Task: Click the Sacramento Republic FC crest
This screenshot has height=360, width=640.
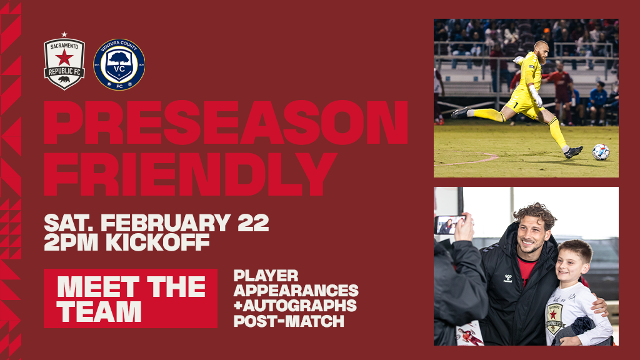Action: coord(64,63)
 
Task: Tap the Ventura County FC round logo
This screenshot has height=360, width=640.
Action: coord(119,64)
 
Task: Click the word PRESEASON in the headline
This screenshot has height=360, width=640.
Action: coord(226,122)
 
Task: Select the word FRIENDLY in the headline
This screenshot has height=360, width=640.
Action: coord(190,174)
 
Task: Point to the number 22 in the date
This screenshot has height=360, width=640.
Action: coord(253,223)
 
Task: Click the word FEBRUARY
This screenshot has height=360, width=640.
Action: coord(166,223)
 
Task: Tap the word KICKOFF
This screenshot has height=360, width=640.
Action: coord(157,242)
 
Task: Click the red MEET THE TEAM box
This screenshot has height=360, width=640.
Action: coord(131,298)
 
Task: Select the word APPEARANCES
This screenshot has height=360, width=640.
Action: coord(296,291)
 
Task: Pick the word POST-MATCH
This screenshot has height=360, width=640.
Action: coord(289,321)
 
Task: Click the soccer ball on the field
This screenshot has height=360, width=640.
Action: coord(601,152)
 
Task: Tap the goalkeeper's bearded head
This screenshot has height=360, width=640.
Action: coord(541,51)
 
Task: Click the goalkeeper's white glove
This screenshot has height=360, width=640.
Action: coord(535,96)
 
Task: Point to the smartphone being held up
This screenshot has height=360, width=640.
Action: coord(449,224)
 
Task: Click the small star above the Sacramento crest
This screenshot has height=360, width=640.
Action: coord(64,34)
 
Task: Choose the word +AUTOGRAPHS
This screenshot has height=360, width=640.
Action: coord(295,306)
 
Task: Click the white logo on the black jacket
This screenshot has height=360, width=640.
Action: coord(507,279)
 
